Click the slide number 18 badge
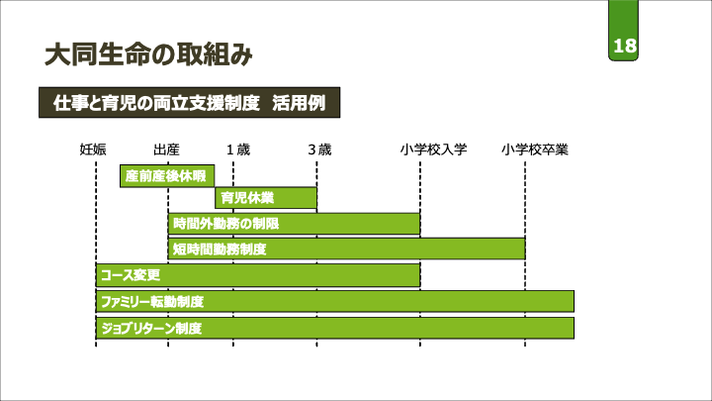(x=624, y=47)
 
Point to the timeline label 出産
(x=167, y=150)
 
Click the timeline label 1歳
(x=238, y=150)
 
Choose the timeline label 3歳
(x=318, y=150)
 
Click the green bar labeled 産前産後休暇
(x=167, y=176)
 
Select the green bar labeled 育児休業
(x=266, y=198)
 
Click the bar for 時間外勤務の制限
(x=294, y=224)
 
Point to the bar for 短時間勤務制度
(x=346, y=249)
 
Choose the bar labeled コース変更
(x=258, y=274)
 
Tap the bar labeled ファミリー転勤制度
(x=334, y=301)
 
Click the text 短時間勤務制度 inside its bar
(x=220, y=249)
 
